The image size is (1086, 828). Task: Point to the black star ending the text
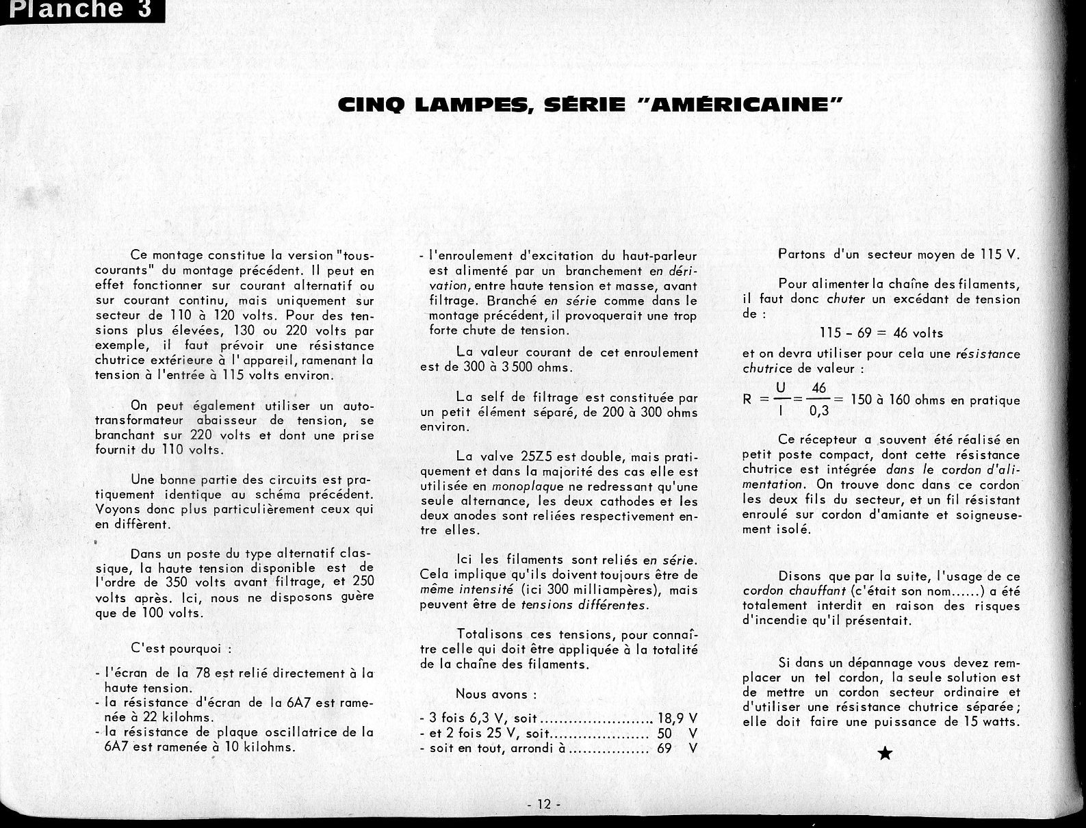click(x=884, y=753)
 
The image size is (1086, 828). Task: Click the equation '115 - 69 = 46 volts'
click(x=881, y=333)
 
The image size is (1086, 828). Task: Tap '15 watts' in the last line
click(x=992, y=722)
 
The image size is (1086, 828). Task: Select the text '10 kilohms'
click(x=260, y=747)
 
